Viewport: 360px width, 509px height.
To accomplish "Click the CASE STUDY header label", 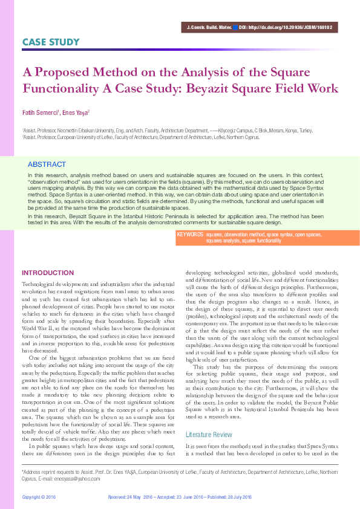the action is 51,42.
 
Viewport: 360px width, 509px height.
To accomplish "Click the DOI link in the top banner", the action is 290,28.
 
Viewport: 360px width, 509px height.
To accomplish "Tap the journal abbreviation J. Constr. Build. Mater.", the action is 209,28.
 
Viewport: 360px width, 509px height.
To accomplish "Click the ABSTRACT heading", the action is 47,164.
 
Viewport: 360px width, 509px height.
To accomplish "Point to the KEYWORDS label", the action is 189,233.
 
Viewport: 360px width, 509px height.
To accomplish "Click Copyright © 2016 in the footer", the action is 39,496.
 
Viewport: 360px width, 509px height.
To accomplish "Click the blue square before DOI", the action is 235,28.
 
